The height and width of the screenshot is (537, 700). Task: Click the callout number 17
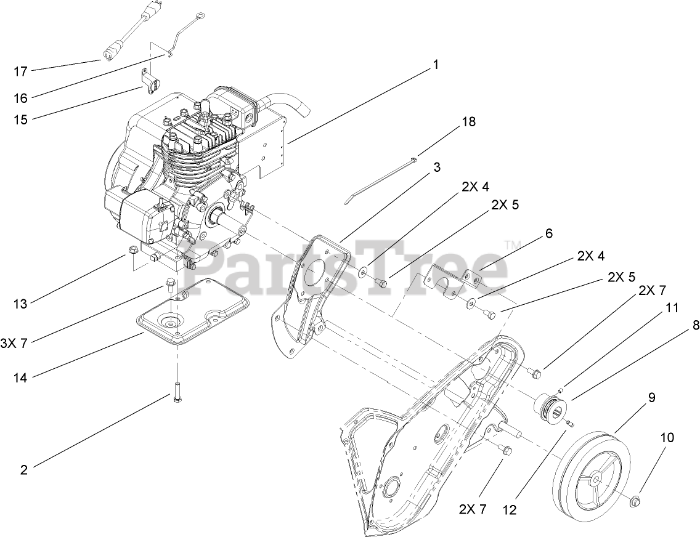[x=20, y=71]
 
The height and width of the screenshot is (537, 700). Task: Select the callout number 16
[x=20, y=98]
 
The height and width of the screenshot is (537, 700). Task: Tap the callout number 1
[x=436, y=64]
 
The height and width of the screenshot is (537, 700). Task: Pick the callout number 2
[x=24, y=470]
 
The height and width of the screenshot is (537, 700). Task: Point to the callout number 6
[x=548, y=233]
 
